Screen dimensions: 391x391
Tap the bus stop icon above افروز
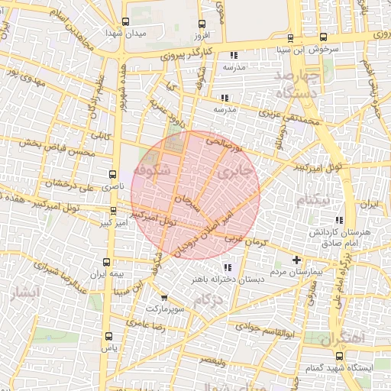coord(201,24)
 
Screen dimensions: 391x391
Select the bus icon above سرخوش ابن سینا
coord(289,37)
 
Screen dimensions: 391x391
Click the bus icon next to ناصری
coord(113,174)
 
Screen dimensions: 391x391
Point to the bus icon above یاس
coord(108,335)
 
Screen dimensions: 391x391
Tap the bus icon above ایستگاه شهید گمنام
coord(340,356)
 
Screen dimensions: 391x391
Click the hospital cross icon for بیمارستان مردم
coord(297,260)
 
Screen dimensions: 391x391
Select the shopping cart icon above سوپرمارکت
coord(164,298)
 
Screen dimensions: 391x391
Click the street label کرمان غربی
coord(244,243)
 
